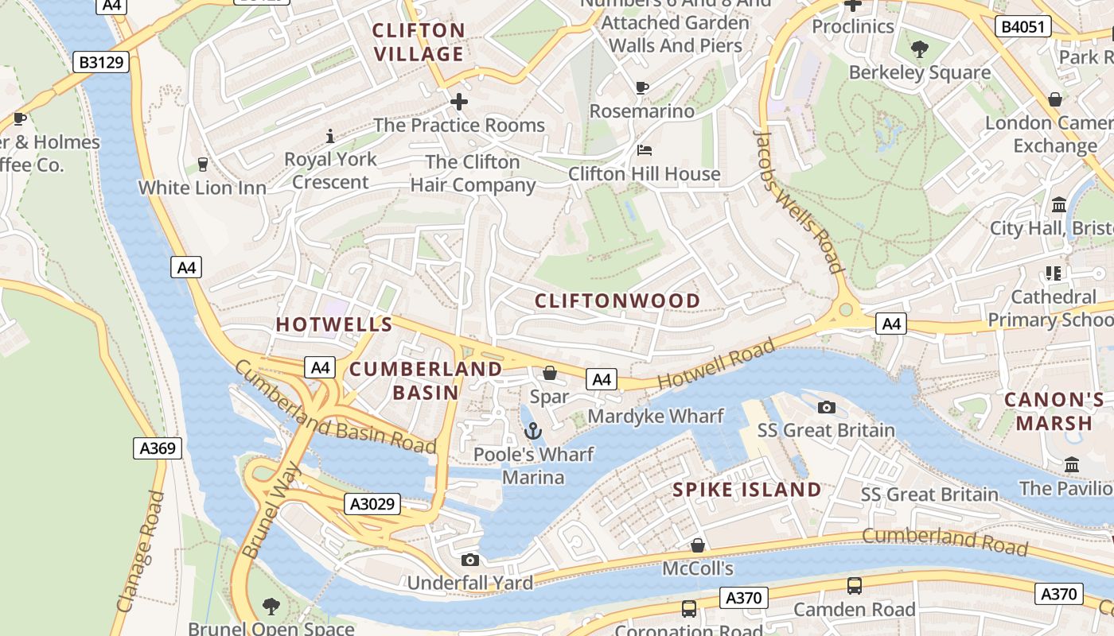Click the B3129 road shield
(x=101, y=61)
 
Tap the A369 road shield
(x=157, y=448)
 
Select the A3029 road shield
(x=373, y=504)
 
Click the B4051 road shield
(x=1023, y=27)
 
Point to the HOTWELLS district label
(x=334, y=324)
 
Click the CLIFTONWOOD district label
(x=617, y=301)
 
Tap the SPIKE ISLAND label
(x=747, y=490)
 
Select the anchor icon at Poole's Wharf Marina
(x=533, y=432)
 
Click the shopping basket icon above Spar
(x=549, y=373)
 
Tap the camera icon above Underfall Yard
(x=470, y=560)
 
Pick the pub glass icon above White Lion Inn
(x=202, y=164)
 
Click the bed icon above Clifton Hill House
(x=645, y=150)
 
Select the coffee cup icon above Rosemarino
(x=642, y=87)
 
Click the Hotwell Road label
(x=715, y=365)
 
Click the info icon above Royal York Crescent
(x=330, y=136)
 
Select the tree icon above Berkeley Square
(x=920, y=49)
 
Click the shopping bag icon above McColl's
(x=698, y=545)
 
